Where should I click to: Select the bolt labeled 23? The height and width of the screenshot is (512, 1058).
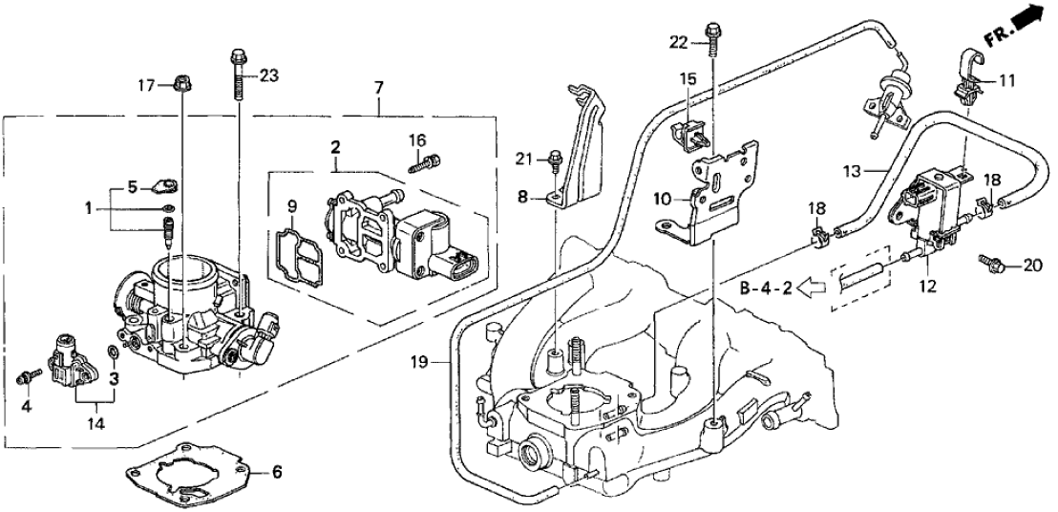[237, 72]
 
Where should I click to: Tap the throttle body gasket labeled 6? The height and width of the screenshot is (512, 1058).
[195, 473]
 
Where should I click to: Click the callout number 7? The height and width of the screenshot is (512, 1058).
[379, 88]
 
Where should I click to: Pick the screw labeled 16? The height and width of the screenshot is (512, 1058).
[424, 165]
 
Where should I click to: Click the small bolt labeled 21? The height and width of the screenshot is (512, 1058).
[555, 162]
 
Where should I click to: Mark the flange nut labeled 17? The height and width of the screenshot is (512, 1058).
[182, 85]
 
